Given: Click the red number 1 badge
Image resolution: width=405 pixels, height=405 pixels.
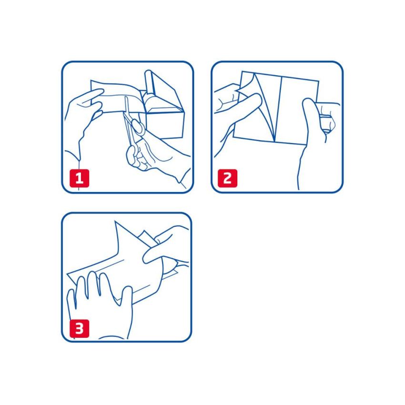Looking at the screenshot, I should tap(79, 179).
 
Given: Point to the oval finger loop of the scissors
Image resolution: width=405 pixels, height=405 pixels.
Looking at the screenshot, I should tap(136, 127).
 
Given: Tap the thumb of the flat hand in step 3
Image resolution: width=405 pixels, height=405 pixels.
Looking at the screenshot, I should tap(126, 298).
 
